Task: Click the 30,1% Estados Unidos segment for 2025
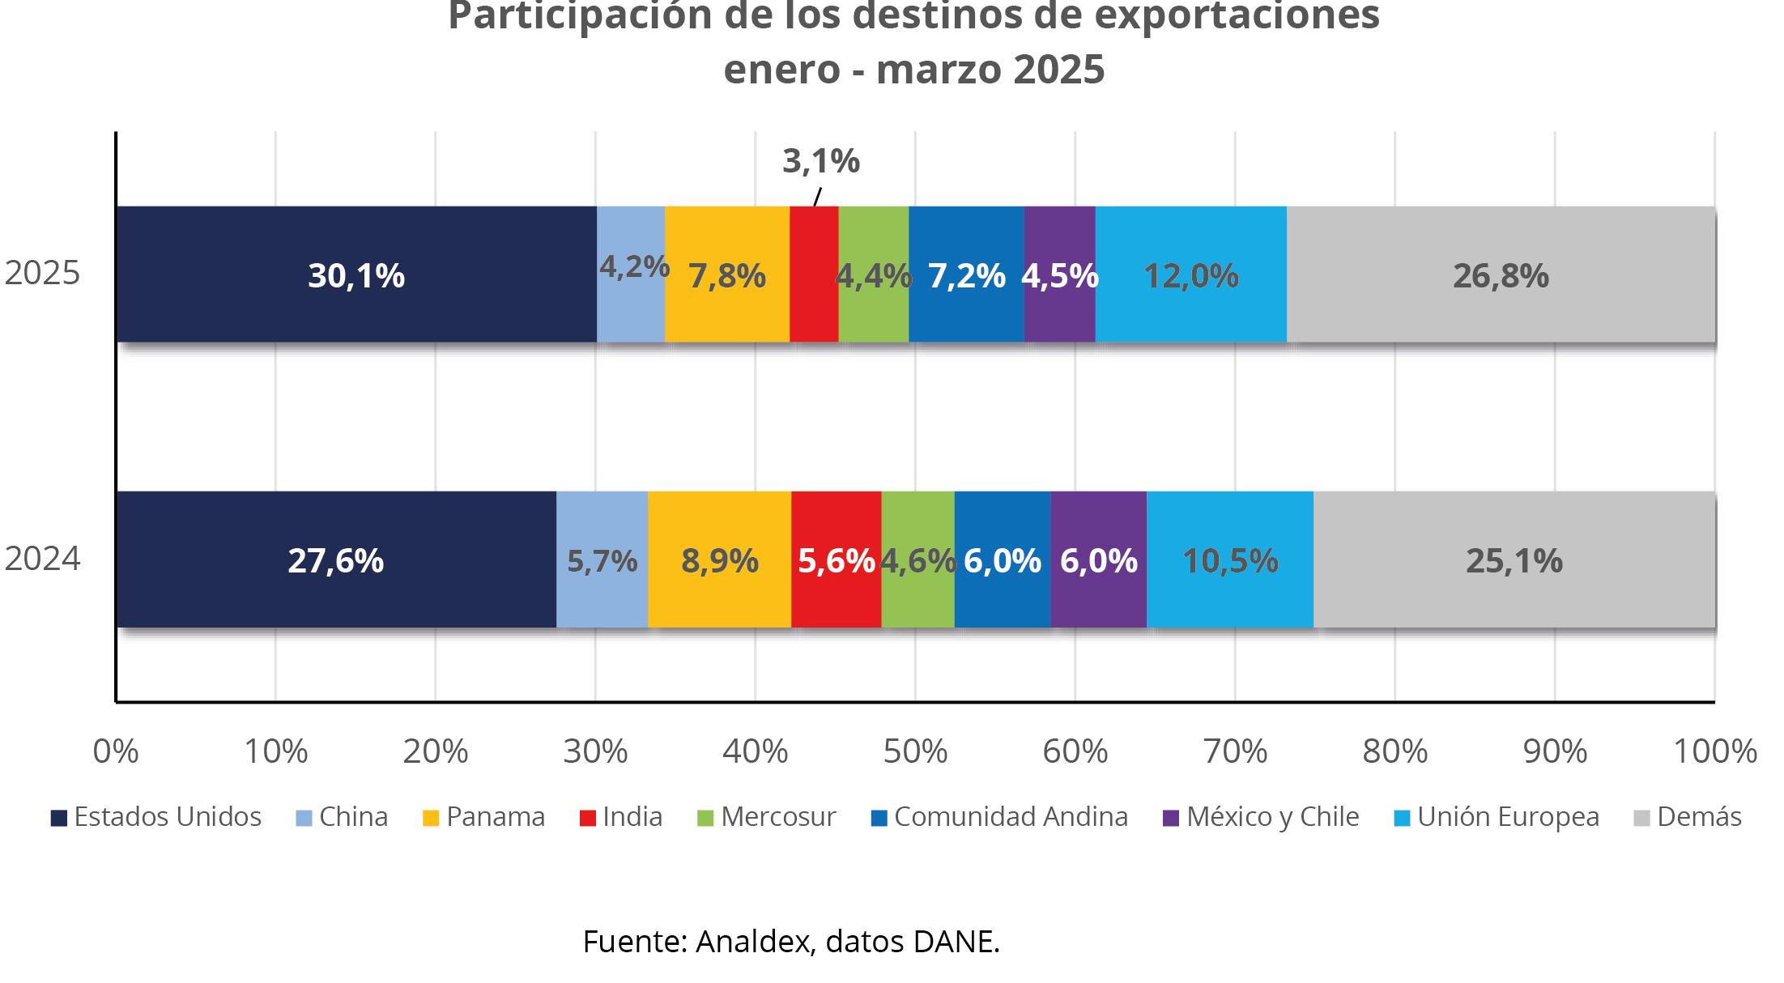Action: coord(356,275)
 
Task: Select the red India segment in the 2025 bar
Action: coord(813,275)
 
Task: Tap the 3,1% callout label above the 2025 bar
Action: coord(820,161)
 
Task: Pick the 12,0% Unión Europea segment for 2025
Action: coord(1190,275)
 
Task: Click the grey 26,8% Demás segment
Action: coord(1501,275)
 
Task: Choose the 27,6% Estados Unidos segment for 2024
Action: coord(335,560)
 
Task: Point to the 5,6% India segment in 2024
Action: coord(836,560)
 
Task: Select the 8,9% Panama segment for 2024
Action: coord(719,560)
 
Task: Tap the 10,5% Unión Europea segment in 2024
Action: coord(1229,560)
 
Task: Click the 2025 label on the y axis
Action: coord(42,274)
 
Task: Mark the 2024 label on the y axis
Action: coord(42,559)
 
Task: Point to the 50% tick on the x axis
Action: coord(915,751)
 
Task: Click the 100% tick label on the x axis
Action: coord(1714,751)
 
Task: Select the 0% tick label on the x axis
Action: coord(116,751)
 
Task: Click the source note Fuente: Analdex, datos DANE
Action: coord(791,941)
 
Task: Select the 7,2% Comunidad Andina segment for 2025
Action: coord(966,275)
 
